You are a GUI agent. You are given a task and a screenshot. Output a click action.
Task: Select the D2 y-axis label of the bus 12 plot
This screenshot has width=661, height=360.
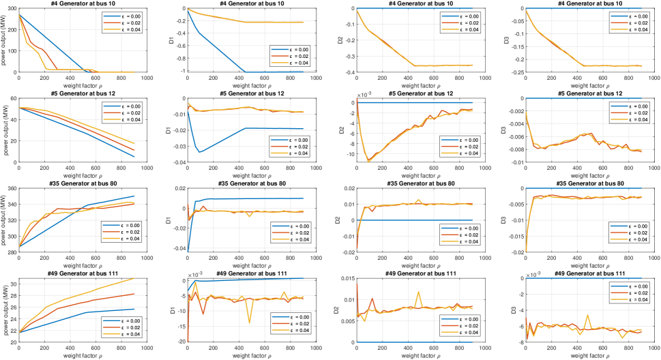[x=344, y=130]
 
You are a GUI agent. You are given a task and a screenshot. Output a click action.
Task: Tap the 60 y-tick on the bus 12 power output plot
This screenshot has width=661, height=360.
[x=12, y=98]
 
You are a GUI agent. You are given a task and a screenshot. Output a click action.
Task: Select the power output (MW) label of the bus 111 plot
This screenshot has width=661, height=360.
[x=5, y=311]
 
